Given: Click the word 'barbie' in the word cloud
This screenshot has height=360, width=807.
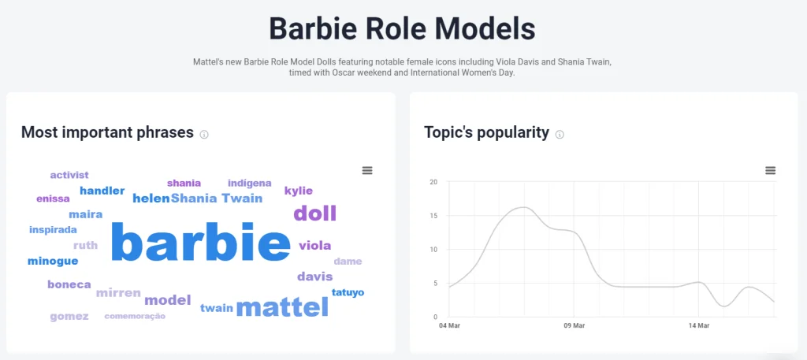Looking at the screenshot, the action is (x=201, y=241).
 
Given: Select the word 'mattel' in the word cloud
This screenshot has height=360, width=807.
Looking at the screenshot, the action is (x=282, y=307).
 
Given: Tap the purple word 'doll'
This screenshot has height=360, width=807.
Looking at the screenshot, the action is (x=314, y=213).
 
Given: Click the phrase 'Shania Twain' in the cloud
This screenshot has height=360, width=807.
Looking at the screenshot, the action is (x=217, y=198).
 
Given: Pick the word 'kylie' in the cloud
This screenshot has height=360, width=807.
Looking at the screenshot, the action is (x=299, y=191).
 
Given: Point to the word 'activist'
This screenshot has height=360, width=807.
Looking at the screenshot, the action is (x=69, y=175).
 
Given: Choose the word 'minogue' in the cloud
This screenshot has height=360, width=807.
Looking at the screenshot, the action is (x=53, y=262).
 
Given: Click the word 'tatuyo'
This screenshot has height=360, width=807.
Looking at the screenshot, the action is (x=348, y=292).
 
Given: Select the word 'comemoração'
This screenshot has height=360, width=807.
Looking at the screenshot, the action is (x=135, y=317).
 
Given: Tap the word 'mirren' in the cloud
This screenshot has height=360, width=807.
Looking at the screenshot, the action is (x=118, y=293).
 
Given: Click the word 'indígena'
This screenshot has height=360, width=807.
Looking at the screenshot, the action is (x=250, y=183).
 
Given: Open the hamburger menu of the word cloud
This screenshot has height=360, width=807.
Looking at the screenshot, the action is (x=367, y=170).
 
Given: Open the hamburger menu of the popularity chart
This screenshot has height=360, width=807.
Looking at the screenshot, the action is (x=771, y=170).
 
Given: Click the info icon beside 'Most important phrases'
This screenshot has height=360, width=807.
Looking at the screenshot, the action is (x=204, y=135).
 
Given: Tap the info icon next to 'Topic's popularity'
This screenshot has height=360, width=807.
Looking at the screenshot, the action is (x=560, y=135).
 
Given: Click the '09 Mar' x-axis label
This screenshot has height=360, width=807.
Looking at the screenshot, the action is (x=574, y=325).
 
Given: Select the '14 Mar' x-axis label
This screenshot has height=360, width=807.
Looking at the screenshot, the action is (x=699, y=325).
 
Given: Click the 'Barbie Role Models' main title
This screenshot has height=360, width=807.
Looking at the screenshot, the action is (x=403, y=29).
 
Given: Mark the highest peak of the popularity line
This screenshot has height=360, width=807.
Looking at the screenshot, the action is (x=523, y=207).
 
